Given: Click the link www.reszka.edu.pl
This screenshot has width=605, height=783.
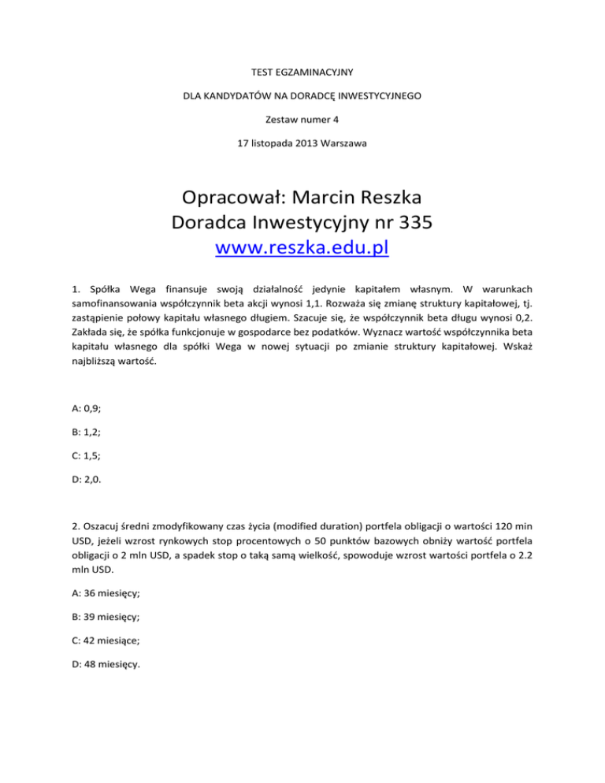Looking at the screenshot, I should [302, 250].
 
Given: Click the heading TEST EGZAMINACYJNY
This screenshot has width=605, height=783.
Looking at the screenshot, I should [302, 73].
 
